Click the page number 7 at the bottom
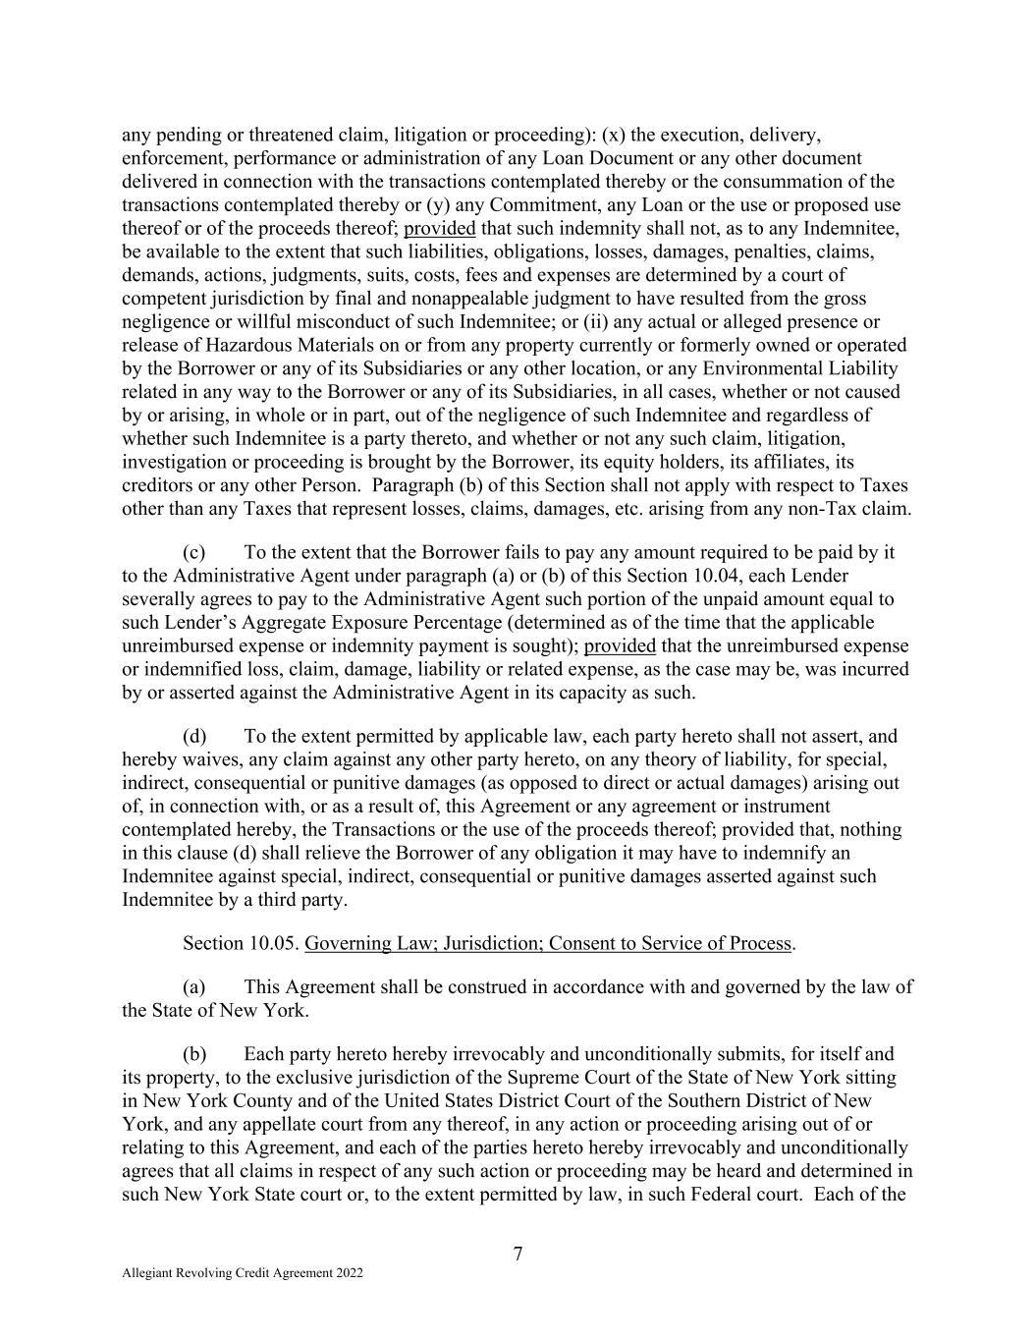[518, 1254]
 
